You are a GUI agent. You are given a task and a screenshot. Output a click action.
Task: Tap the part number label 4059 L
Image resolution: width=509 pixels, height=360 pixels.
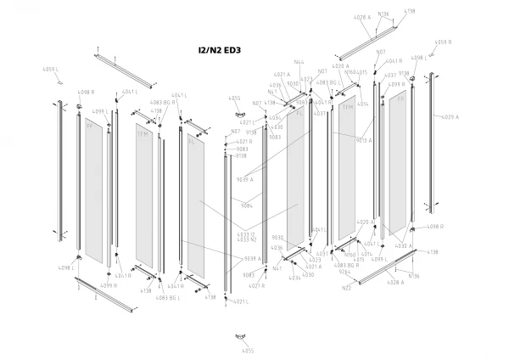tap(49, 69)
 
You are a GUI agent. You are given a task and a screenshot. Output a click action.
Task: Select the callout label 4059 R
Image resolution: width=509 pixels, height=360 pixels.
tap(443, 42)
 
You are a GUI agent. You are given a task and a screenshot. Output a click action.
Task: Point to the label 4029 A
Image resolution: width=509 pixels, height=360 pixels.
tap(450, 117)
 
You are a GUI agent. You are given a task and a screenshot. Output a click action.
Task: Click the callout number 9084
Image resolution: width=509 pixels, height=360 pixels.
tap(247, 205)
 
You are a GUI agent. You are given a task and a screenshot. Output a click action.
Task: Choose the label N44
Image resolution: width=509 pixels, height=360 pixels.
tap(299, 62)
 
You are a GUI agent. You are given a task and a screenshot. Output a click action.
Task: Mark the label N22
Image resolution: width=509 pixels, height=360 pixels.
tap(346, 289)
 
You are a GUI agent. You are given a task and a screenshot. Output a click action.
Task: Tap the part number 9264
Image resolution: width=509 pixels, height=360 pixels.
tap(345, 273)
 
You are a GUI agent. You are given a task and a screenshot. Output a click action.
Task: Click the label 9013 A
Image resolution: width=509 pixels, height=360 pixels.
tap(364, 140)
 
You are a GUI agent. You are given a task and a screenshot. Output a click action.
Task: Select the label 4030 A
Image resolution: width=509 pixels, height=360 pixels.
tap(403, 245)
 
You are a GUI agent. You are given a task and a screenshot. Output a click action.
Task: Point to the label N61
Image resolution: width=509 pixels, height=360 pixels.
tap(277, 268)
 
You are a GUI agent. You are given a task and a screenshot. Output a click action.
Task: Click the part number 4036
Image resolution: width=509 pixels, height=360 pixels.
tap(277, 247)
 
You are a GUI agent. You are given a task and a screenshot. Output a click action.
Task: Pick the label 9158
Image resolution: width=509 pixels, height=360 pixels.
tap(251, 132)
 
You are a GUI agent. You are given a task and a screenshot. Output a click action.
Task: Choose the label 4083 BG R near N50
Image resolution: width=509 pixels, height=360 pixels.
tap(347, 265)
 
